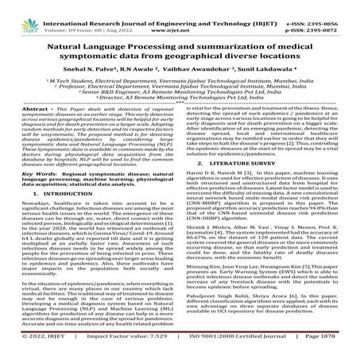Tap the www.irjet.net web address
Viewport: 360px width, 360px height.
(x=183, y=16)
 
